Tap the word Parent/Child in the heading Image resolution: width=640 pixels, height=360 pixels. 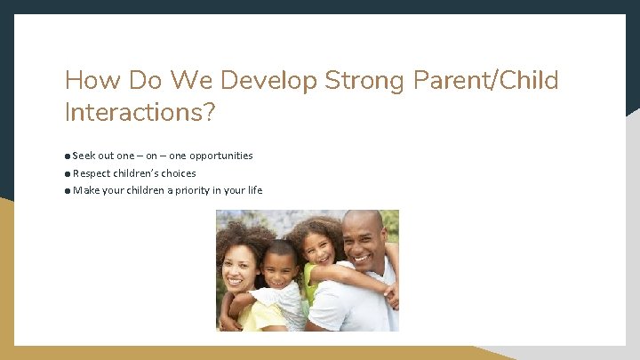click(x=486, y=81)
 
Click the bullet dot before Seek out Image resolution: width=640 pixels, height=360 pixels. click(x=68, y=156)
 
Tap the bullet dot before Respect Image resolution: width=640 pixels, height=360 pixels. click(x=68, y=174)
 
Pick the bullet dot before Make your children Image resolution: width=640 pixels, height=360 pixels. click(x=68, y=191)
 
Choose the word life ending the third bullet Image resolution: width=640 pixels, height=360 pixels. click(x=254, y=190)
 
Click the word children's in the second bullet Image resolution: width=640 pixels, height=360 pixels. click(x=134, y=173)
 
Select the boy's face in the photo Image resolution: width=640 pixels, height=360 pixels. click(x=281, y=265)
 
